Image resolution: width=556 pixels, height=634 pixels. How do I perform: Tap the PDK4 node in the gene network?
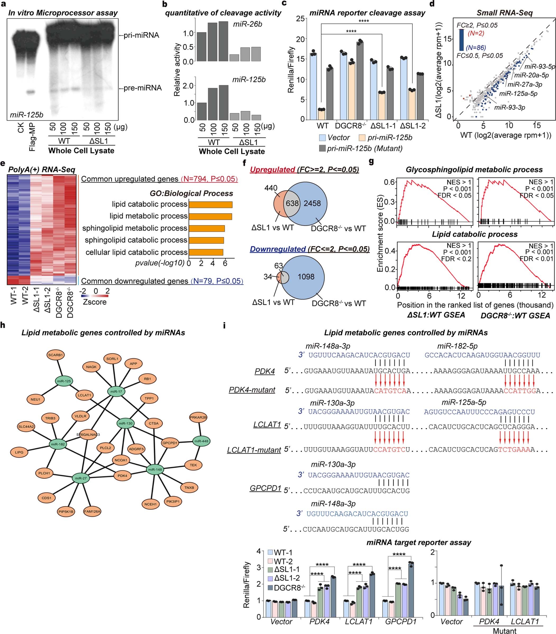[x=122, y=475]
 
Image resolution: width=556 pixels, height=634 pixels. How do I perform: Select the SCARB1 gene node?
[x=56, y=355]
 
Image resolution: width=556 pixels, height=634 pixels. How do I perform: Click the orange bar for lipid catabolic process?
[x=210, y=204]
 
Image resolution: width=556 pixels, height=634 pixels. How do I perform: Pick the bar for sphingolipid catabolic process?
[x=206, y=240]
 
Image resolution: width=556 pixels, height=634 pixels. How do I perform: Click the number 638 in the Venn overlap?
[x=292, y=203]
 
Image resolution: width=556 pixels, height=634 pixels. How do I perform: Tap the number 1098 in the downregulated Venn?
[x=306, y=277]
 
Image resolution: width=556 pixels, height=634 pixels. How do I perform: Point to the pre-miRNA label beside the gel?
[x=143, y=88]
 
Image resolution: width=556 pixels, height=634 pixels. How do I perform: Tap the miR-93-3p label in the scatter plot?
[x=509, y=107]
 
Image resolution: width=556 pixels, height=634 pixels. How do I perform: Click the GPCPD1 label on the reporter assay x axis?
[x=401, y=622]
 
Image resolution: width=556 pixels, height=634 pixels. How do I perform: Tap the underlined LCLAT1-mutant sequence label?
[x=254, y=450]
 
